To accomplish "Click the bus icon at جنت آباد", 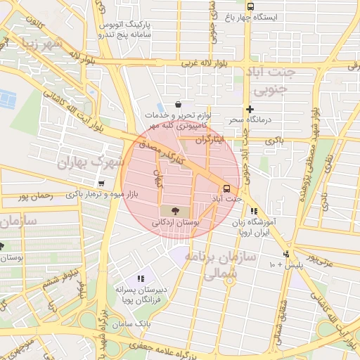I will click(x=226, y=188).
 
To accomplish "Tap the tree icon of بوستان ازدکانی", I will click(x=173, y=210).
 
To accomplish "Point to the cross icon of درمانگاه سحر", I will click(x=250, y=109).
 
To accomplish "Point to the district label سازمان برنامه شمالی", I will click(x=216, y=264).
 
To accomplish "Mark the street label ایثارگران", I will click(x=212, y=140).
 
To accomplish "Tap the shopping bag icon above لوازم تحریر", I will click(x=178, y=105).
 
